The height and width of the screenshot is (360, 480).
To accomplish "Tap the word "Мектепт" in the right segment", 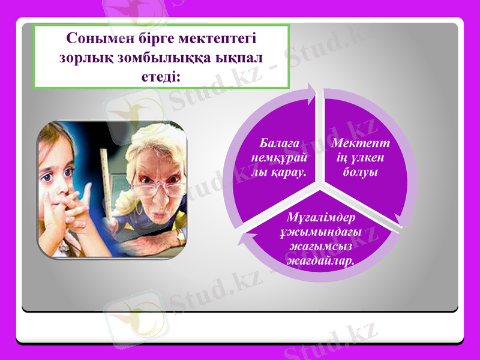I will click(360, 143).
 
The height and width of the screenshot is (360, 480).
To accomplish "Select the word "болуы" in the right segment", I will click(360, 172).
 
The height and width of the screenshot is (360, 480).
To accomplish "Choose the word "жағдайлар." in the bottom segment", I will click(320, 261).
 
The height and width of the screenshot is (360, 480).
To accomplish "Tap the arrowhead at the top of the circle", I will click(311, 92).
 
